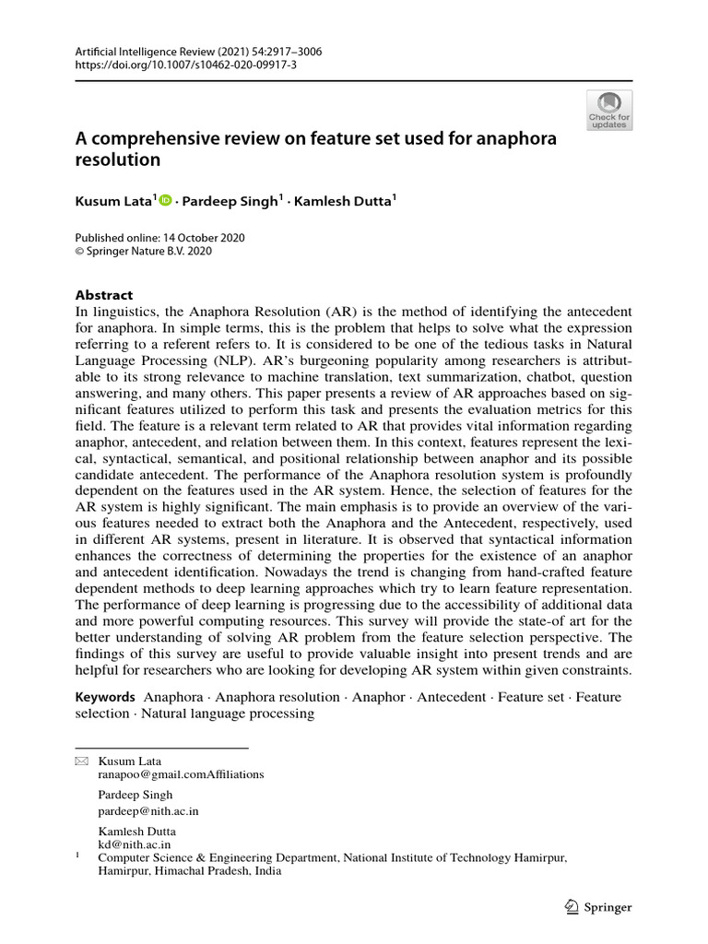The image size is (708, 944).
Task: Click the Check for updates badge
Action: [609, 111]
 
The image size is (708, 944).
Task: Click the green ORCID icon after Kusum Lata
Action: [166, 199]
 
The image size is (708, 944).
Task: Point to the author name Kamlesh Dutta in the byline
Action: [343, 200]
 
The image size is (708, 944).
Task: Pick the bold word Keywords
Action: [106, 697]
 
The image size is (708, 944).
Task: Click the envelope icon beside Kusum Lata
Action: [81, 761]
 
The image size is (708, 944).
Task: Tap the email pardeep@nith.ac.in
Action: [148, 811]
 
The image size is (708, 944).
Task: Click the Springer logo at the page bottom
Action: [597, 907]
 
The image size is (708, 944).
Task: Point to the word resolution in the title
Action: [118, 159]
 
